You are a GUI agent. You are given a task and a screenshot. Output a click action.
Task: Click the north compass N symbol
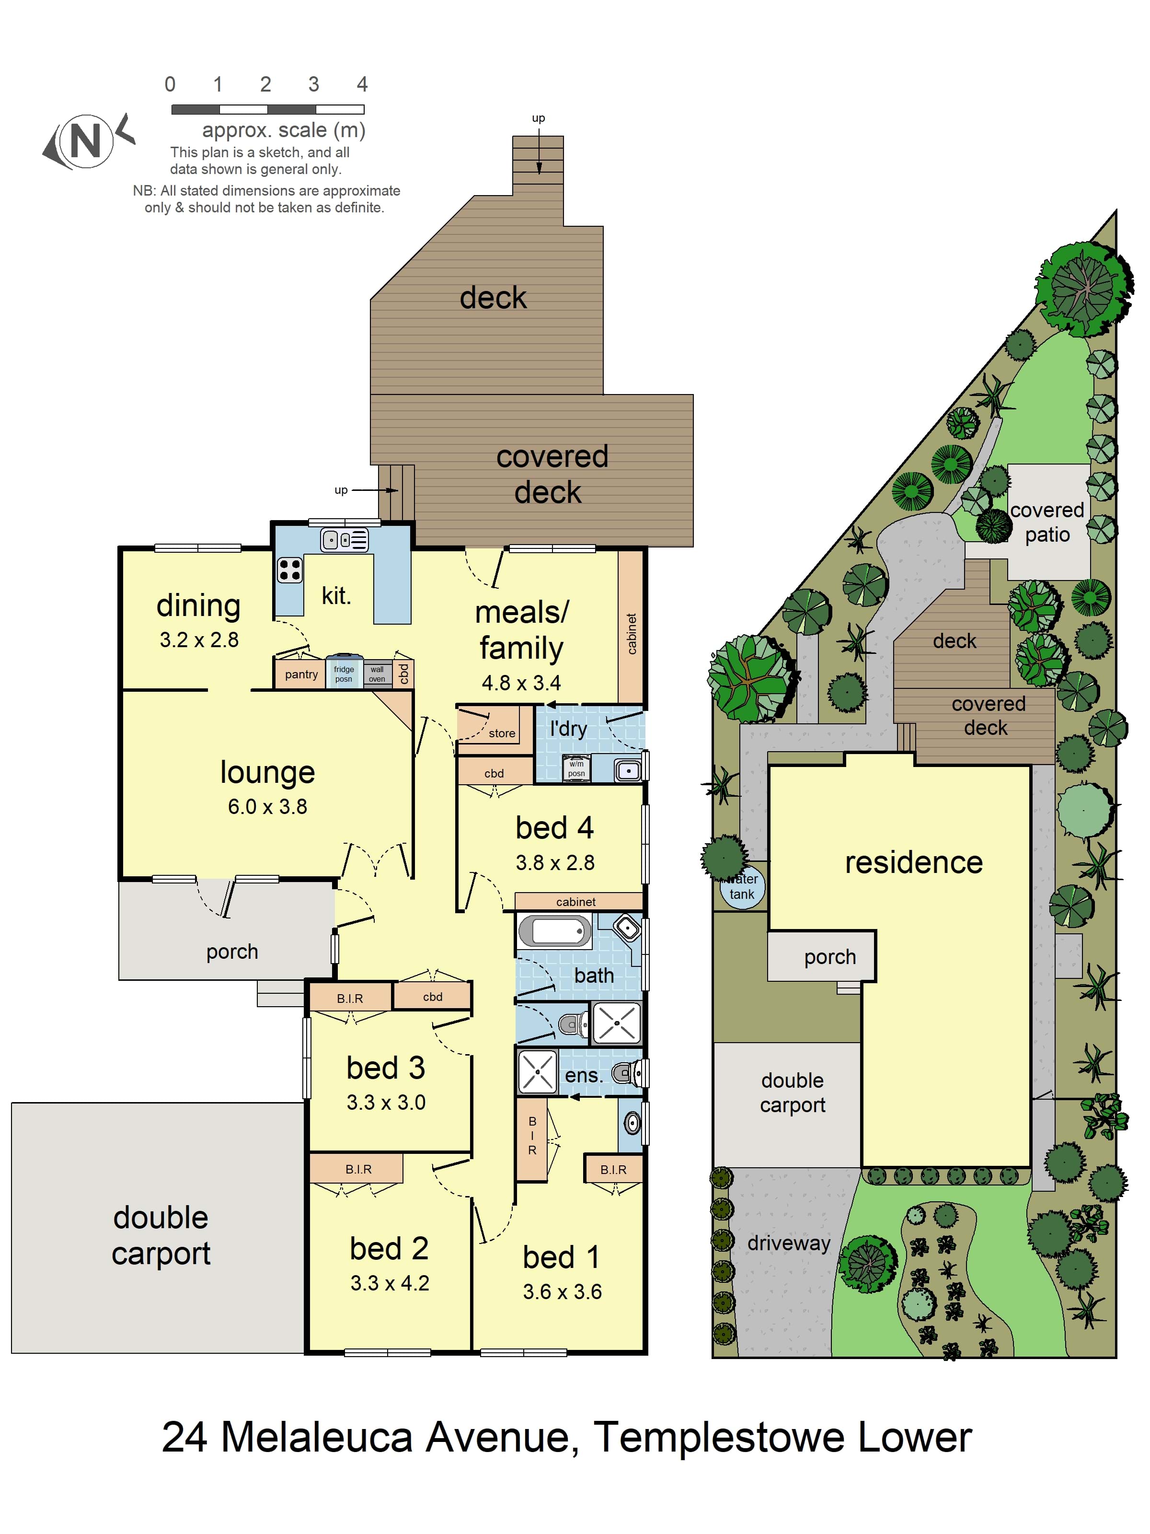[85, 141]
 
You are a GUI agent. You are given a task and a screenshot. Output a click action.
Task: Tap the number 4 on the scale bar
[362, 84]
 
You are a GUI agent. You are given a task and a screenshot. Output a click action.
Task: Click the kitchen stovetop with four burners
[290, 570]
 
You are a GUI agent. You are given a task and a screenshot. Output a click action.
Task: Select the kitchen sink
[345, 539]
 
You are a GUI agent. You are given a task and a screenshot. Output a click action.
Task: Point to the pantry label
[301, 674]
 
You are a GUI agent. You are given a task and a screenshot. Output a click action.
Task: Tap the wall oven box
[377, 674]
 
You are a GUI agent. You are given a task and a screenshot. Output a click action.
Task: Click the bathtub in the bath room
[554, 930]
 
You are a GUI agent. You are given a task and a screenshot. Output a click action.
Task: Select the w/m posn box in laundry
[576, 767]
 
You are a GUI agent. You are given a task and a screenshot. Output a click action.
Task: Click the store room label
[502, 733]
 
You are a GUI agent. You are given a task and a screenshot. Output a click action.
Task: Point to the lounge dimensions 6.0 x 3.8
[267, 806]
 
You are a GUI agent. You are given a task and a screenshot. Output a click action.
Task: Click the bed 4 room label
[554, 827]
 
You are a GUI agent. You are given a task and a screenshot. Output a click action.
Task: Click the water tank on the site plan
[742, 887]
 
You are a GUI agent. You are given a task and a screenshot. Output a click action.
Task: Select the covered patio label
[1046, 522]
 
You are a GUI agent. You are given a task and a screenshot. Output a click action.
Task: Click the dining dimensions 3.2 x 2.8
[199, 639]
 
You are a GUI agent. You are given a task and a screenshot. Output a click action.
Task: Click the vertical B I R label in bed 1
[532, 1135]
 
